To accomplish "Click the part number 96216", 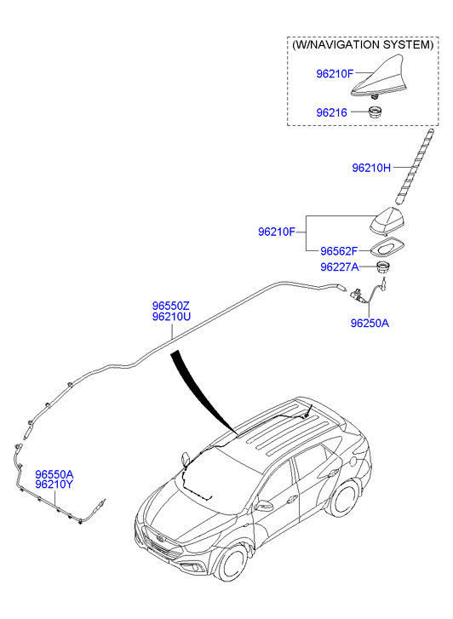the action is pos(331,113).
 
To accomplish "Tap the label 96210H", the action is pos(371,169).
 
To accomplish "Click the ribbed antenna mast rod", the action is pos(415,167).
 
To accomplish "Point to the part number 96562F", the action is pos(339,251).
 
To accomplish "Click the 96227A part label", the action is pos(340,267).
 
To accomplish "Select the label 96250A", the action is pos(370,324).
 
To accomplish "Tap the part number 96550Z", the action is pos(171,306).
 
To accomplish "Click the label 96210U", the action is pos(171,317).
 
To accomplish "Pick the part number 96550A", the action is pos(54,474).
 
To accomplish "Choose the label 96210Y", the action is pos(54,484).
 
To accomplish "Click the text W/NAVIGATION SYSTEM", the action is pos(363,44).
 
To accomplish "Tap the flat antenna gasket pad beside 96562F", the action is pos(387,248).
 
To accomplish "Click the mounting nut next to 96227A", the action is pos(382,267).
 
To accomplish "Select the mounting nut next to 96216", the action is pos(376,112).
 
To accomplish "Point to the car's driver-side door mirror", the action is pos(264,506).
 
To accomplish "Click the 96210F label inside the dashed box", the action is pos(335,74).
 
